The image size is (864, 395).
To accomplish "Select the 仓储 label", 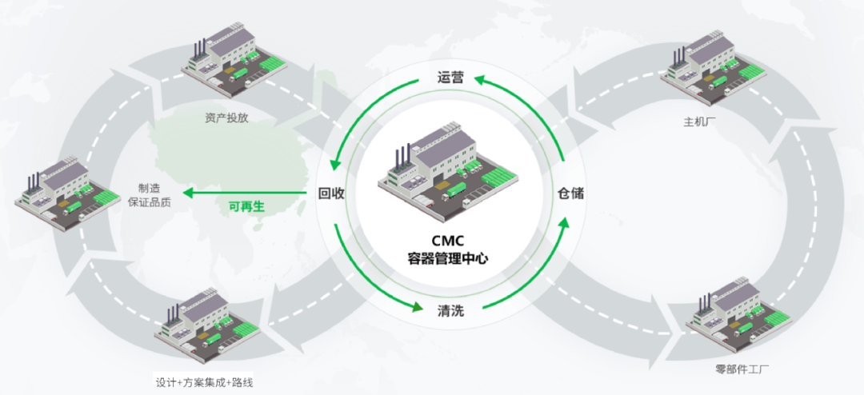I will (x=571, y=193).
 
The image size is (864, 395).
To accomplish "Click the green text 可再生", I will (x=246, y=206).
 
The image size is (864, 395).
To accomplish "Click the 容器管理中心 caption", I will (x=448, y=258).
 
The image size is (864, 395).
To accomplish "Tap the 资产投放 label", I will (x=227, y=119).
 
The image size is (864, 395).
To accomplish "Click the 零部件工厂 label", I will (x=742, y=369).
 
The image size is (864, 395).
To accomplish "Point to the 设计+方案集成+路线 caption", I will (x=208, y=381).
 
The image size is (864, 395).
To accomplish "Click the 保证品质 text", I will (x=149, y=202).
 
